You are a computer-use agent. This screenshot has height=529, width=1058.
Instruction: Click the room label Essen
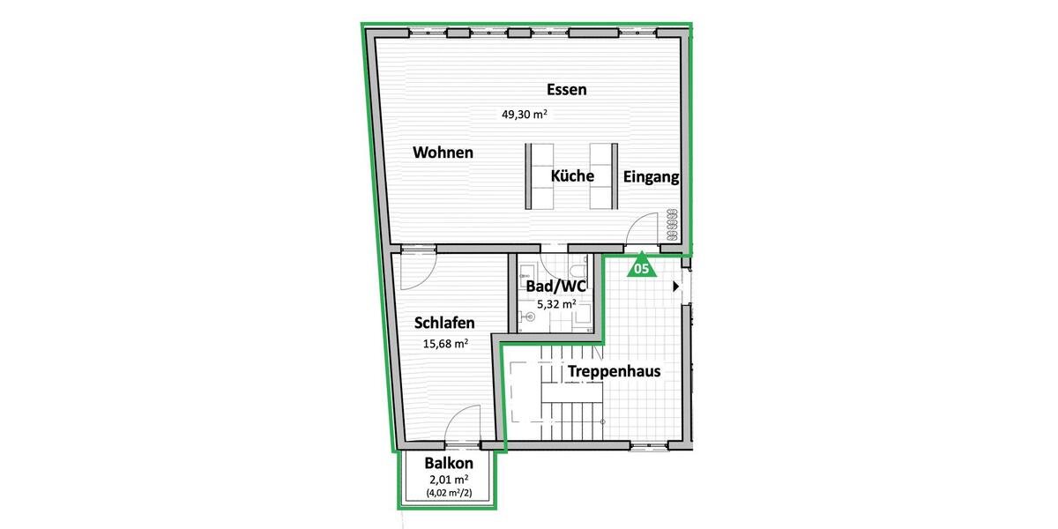566,90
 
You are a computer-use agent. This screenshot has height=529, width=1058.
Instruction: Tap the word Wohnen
443,153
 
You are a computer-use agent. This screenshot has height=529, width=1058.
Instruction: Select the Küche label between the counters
572,176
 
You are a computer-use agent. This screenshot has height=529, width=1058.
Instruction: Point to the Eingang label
651,177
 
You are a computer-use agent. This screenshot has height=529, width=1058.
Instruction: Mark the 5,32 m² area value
555,304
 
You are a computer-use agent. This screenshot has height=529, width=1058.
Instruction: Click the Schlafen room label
445,324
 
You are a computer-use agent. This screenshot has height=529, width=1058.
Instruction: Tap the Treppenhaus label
614,371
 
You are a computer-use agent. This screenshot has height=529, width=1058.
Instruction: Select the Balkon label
449,464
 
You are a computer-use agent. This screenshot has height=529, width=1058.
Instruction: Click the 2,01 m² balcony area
448,481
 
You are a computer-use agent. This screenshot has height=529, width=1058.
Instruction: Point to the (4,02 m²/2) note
448,495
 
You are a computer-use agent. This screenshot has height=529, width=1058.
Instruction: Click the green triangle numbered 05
641,266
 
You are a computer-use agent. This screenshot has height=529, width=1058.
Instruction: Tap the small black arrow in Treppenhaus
676,286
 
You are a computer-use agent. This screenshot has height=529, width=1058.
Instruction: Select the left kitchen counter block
540,175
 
